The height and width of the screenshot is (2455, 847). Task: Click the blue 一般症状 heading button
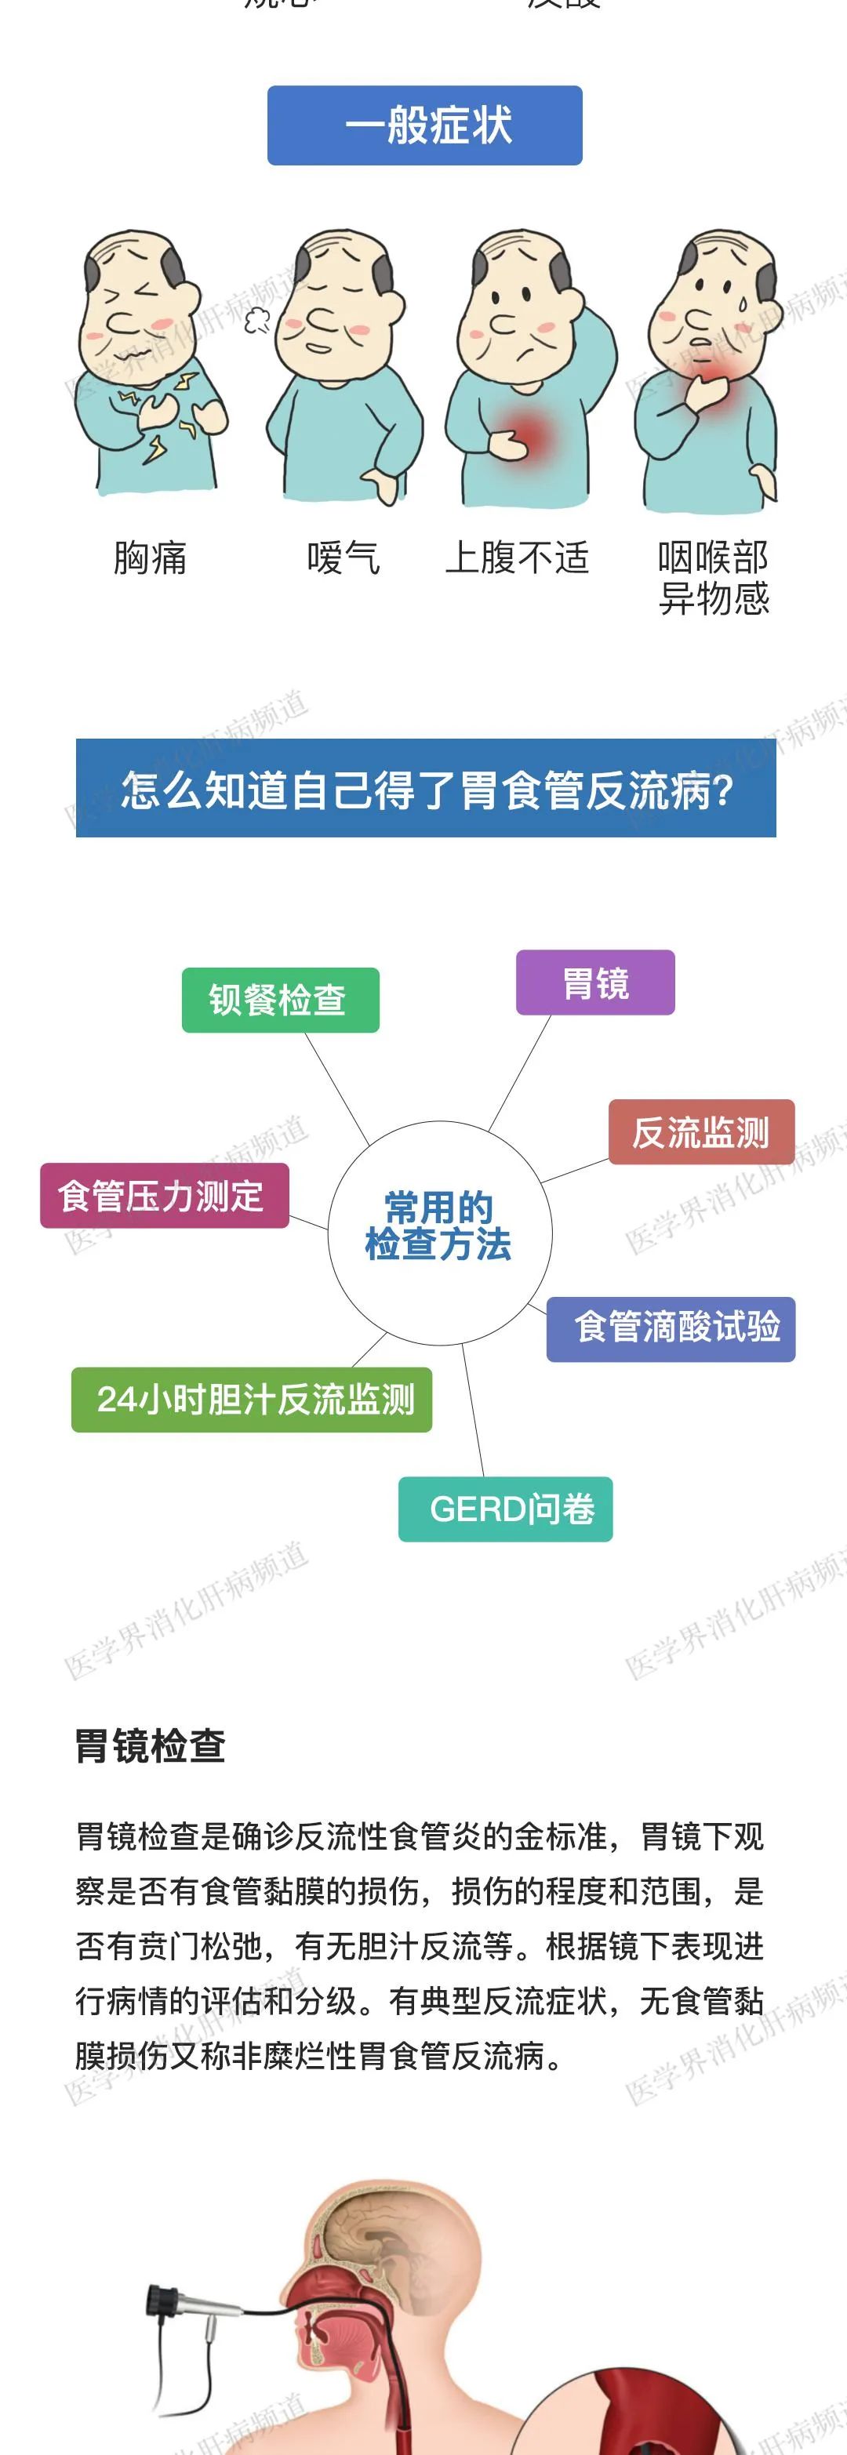[x=424, y=125]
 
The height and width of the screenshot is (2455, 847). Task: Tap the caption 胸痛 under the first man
[x=150, y=558]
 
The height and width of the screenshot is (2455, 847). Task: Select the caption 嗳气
[x=343, y=558]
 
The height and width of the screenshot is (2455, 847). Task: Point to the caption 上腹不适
[x=518, y=558]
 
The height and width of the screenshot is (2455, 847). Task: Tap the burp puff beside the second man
[x=256, y=320]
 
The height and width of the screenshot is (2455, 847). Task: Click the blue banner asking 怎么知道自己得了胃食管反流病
[x=426, y=789]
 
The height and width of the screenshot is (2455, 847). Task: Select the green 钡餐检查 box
[x=280, y=1001]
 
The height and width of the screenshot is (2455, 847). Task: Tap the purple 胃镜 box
[x=595, y=983]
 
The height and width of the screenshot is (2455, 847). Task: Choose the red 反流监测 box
[x=700, y=1133]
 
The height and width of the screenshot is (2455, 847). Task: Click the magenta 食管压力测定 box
[x=164, y=1196]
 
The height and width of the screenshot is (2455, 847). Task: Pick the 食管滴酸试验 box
[x=671, y=1328]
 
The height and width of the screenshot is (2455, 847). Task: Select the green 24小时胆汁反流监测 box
[x=252, y=1400]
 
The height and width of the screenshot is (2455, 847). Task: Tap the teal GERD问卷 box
[x=505, y=1509]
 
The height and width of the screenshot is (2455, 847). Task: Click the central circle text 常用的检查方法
[x=439, y=1226]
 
